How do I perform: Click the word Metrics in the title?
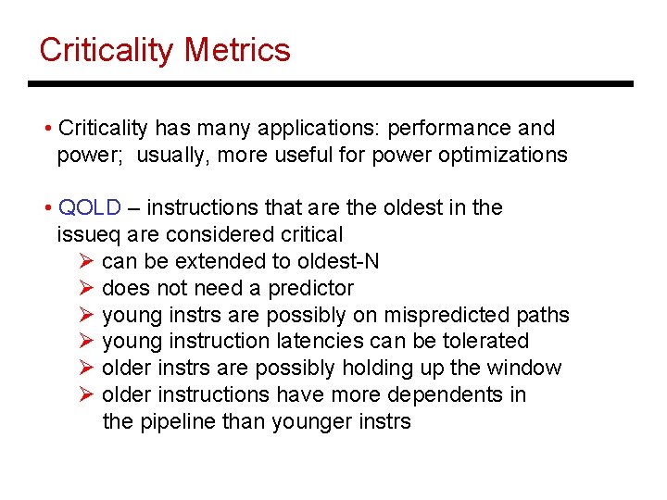[238, 50]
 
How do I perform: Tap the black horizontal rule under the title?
[331, 84]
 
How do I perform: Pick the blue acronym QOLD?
[89, 208]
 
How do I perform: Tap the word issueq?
[85, 235]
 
